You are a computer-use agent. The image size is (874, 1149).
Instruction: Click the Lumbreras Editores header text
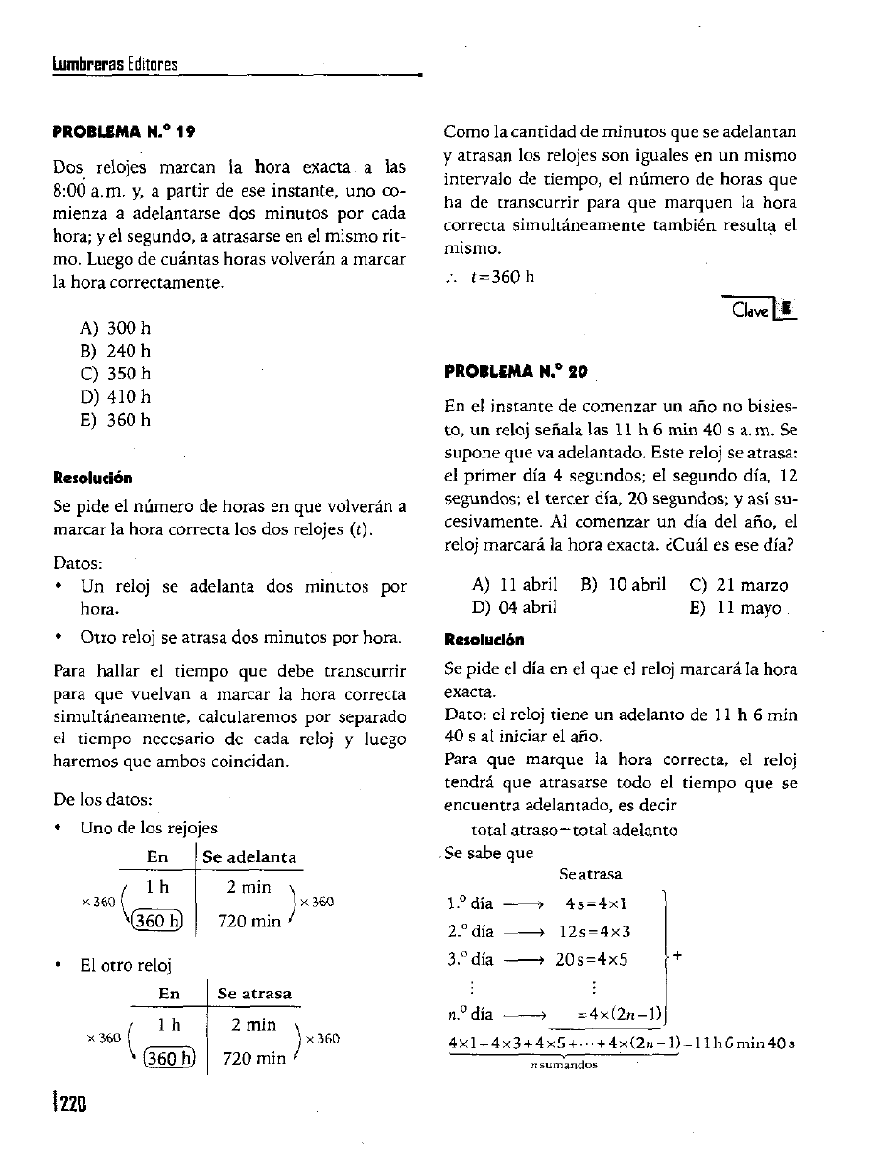(x=115, y=64)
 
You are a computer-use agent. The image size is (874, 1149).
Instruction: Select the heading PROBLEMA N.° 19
(x=126, y=129)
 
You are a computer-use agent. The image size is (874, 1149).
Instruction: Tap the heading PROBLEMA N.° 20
(x=518, y=370)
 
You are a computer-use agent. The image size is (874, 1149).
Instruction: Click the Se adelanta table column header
(x=249, y=856)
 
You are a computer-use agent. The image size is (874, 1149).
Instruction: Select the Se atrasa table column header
(x=255, y=993)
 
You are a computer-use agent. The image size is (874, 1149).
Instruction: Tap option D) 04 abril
(x=515, y=607)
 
